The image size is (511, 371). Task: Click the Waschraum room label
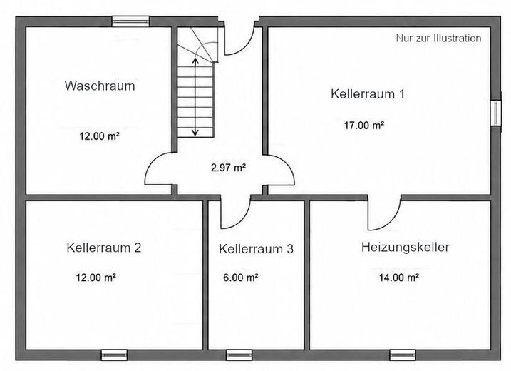coord(100,86)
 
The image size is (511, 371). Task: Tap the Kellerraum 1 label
coord(368,94)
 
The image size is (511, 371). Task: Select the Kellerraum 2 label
coord(103,248)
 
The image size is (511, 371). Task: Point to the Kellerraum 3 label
coord(256,249)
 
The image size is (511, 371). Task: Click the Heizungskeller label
coord(405,247)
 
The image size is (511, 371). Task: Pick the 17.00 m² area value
coord(364,126)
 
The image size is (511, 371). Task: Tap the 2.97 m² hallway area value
coord(228,168)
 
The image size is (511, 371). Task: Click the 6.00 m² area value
coord(241,278)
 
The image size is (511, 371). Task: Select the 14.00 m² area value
coord(399,278)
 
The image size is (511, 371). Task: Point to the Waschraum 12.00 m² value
coord(99,136)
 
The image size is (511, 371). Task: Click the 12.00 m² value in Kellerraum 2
coord(96,278)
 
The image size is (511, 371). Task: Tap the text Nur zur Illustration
coord(438,39)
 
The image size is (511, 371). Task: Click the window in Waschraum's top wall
coord(130,21)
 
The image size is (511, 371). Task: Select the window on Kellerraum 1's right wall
coord(496,113)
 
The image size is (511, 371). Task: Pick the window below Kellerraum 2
coord(114,355)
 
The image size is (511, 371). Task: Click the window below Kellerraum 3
coord(239,355)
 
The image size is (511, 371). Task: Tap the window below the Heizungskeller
coord(403,355)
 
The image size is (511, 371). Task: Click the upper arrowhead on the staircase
coord(195,61)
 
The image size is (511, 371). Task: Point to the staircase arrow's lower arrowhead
coord(195,133)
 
